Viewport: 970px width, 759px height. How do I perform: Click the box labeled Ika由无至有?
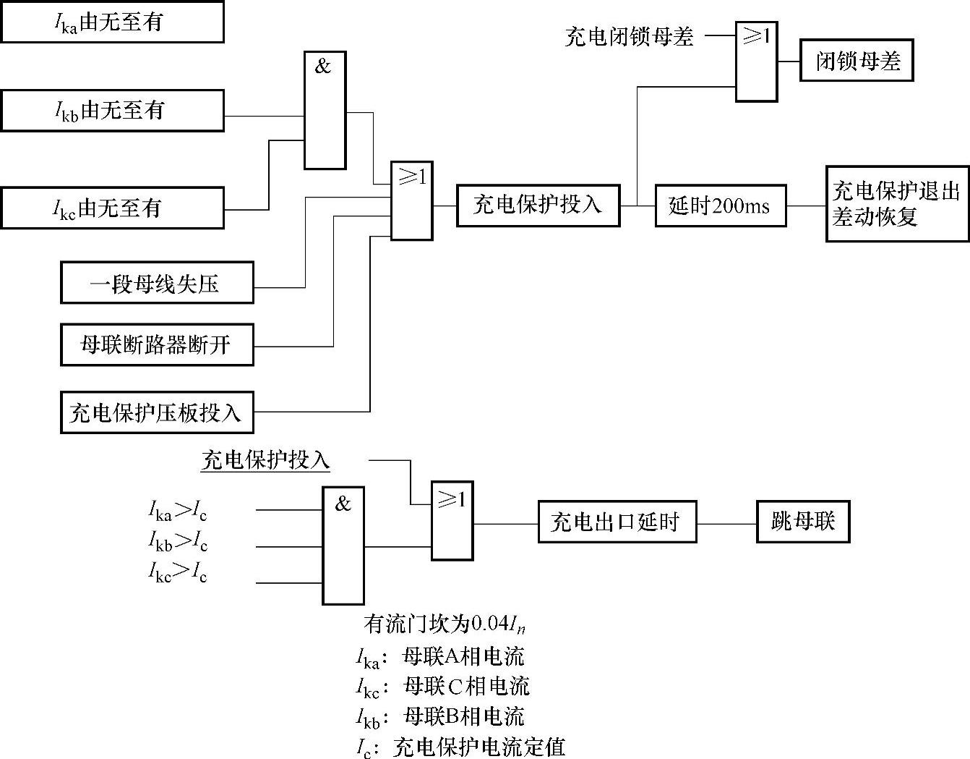coord(112,22)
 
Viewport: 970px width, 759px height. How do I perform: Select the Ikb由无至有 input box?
coord(112,111)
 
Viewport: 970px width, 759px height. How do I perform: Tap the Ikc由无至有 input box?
coord(112,208)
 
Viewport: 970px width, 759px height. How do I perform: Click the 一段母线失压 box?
coord(157,283)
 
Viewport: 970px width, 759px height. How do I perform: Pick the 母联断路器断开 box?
coord(157,344)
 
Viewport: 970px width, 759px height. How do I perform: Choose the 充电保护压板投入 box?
coord(157,412)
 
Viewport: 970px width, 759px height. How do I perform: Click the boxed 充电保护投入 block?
coord(538,205)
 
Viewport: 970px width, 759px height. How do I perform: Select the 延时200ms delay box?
coord(720,206)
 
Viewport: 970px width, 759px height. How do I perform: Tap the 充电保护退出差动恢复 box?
coord(897,203)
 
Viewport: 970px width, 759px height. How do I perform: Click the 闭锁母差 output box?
coord(857,61)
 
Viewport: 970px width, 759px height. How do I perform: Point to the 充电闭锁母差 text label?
coord(629,36)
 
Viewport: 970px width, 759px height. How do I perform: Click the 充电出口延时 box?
coord(617,522)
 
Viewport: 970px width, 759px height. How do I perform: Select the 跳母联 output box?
coord(803,521)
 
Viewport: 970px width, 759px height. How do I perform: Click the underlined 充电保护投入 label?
coord(265,460)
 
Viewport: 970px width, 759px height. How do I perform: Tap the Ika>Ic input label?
coord(178,511)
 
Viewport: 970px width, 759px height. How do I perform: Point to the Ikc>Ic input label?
coord(178,572)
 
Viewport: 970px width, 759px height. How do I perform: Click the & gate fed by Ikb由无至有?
coord(325,110)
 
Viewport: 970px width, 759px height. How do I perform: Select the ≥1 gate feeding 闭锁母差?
coord(756,61)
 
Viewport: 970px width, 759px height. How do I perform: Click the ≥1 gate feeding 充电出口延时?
coord(452,520)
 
